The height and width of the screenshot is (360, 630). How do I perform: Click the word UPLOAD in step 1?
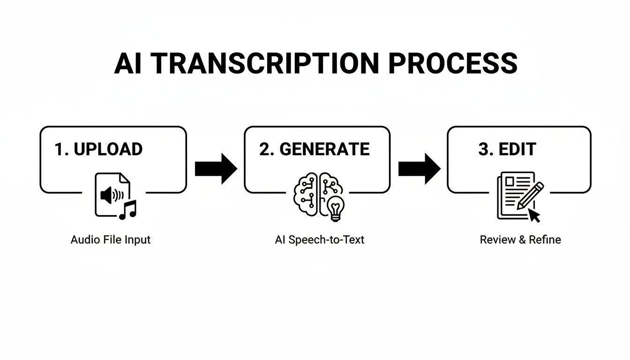pyautogui.click(x=108, y=149)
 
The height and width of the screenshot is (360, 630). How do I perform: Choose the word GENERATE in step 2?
pyautogui.click(x=324, y=149)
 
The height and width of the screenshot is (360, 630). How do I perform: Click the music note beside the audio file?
pyautogui.click(x=127, y=210)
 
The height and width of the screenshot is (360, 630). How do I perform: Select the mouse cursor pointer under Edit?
pyautogui.click(x=534, y=215)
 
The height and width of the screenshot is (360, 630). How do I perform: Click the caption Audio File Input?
pyautogui.click(x=111, y=240)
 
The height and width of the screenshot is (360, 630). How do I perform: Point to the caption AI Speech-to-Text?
pyautogui.click(x=320, y=240)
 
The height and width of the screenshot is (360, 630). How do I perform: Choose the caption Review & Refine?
pyautogui.click(x=520, y=240)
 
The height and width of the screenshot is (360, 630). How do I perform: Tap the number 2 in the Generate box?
pyautogui.click(x=265, y=149)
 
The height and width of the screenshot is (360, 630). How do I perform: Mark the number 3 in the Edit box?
pyautogui.click(x=484, y=149)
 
